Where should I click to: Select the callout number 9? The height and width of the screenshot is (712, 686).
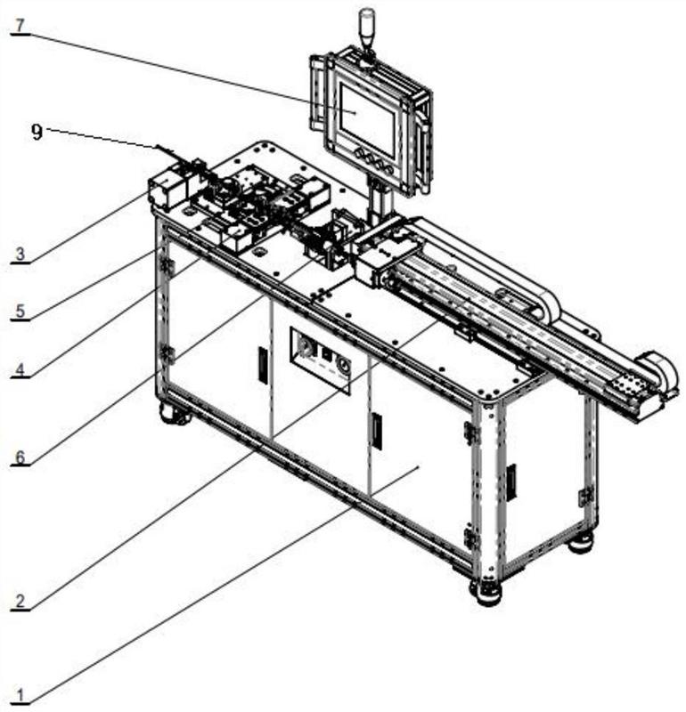tap(37, 132)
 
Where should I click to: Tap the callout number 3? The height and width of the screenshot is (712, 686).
tap(20, 255)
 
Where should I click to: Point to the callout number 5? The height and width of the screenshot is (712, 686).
tap(20, 311)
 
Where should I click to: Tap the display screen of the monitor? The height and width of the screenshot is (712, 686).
tap(365, 118)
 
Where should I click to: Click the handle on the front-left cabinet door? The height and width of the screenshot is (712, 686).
tap(263, 365)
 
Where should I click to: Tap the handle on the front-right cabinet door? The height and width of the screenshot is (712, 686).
tap(376, 432)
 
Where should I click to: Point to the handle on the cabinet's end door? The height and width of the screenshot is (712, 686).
tap(510, 481)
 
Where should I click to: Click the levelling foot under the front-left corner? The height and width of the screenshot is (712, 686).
tap(174, 414)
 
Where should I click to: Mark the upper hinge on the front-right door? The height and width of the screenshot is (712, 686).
tap(470, 433)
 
